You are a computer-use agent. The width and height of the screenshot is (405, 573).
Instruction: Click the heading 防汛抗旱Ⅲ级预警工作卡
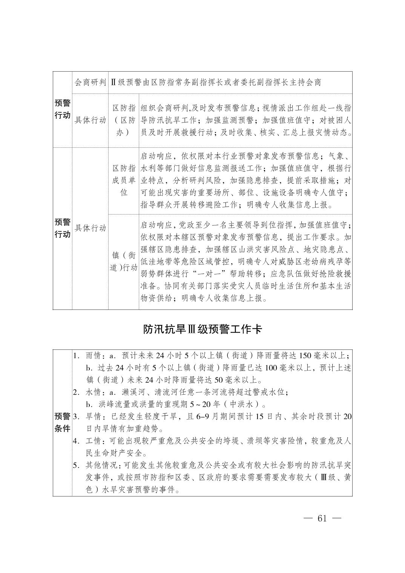[x=202, y=329]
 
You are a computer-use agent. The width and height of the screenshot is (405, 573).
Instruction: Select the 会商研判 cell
[x=90, y=82]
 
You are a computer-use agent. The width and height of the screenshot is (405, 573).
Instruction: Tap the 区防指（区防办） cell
[x=124, y=121]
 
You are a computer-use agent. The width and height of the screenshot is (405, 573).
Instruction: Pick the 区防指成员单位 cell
[x=124, y=180]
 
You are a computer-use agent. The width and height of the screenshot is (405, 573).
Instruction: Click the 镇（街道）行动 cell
[x=124, y=261]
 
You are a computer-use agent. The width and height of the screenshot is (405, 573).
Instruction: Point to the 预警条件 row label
[x=62, y=422]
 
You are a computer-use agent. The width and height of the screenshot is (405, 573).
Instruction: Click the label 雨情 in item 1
[x=94, y=356]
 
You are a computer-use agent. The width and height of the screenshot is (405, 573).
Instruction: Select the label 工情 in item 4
[x=94, y=441]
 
